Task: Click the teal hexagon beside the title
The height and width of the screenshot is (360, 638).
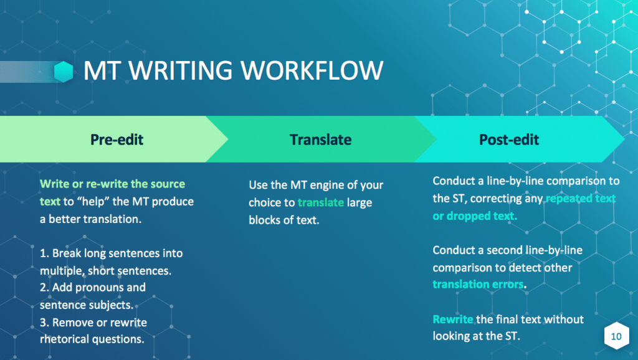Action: (64, 72)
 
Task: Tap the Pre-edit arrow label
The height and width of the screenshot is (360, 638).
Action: (117, 140)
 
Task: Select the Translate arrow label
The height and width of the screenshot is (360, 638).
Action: (321, 140)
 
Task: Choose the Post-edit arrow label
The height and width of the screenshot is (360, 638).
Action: (509, 140)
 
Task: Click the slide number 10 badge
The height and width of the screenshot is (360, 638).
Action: (616, 336)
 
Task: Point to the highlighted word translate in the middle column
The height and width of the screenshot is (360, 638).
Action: (321, 202)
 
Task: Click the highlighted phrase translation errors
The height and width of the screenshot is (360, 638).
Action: (478, 285)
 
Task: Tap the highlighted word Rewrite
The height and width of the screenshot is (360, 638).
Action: (453, 320)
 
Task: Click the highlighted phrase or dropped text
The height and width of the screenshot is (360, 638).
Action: (475, 216)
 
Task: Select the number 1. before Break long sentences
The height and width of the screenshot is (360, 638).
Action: (44, 253)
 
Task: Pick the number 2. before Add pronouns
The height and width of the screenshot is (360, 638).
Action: (44, 288)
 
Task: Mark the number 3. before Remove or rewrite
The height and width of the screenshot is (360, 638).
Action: (44, 323)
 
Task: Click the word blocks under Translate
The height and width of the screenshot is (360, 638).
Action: (264, 220)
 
